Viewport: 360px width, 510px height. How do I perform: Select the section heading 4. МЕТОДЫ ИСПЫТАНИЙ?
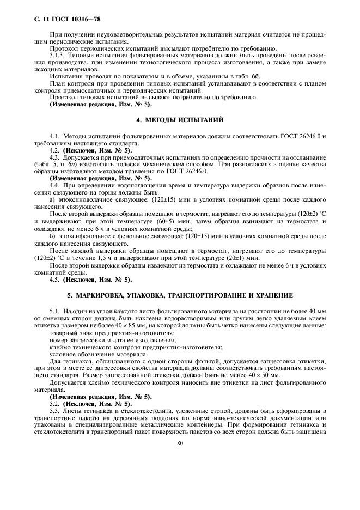[180, 119]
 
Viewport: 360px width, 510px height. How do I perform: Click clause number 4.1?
[54, 135]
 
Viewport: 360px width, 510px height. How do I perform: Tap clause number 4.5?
[54, 280]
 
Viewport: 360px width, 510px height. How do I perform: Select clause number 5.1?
[54, 310]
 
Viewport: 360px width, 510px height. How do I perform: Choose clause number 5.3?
[54, 409]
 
